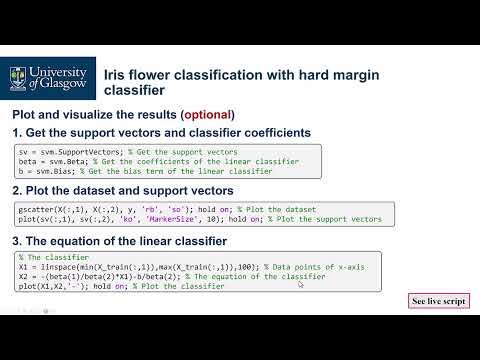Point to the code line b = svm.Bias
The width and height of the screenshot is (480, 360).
click(x=44, y=171)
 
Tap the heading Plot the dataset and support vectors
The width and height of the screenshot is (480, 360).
click(x=130, y=190)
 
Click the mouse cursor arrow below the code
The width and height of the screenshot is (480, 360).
click(x=301, y=285)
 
